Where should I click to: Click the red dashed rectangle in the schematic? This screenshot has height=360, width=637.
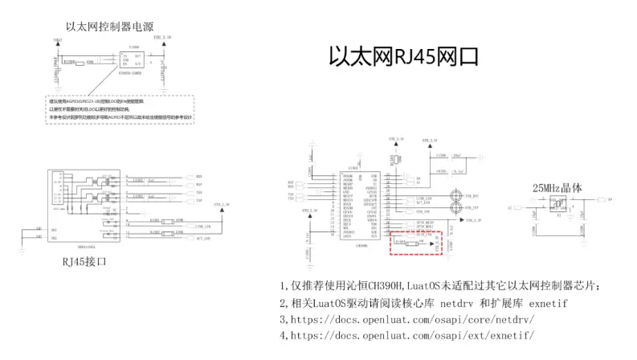click(x=416, y=242)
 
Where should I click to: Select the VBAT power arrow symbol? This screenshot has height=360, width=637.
click(x=57, y=42)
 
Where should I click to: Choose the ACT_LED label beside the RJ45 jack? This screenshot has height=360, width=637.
click(x=202, y=239)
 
